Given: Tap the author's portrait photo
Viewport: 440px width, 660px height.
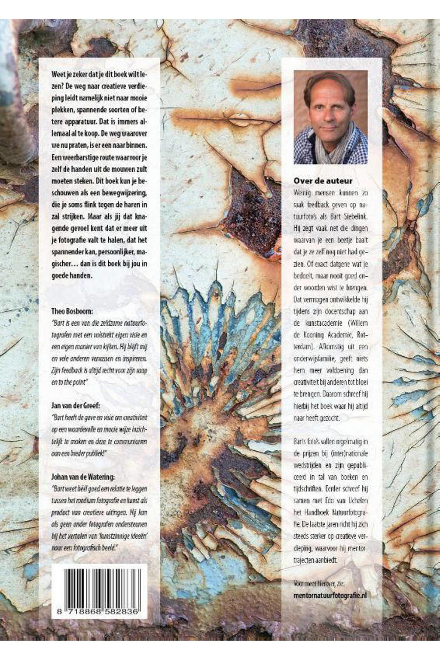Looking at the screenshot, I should click(x=330, y=117).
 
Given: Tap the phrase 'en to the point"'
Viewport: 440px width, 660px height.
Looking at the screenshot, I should click(x=67, y=382).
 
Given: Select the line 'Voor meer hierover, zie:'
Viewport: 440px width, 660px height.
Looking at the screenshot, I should click(x=319, y=584).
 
